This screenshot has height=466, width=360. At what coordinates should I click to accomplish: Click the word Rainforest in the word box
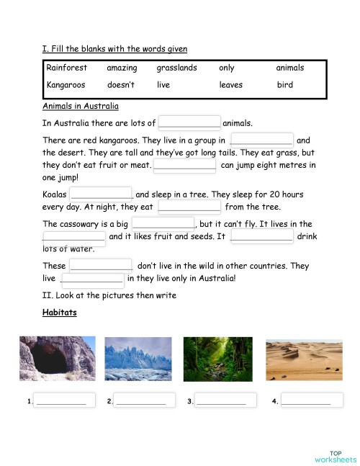tap(66, 68)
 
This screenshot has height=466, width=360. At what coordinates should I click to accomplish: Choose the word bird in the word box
tap(284, 85)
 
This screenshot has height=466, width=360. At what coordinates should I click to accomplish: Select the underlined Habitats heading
tap(60, 313)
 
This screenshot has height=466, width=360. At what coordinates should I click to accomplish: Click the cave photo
tap(56, 359)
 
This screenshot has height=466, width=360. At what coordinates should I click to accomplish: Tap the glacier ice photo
tap(138, 359)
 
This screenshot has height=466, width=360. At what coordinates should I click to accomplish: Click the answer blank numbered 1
tap(60, 400)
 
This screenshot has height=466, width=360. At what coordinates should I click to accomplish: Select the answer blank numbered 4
tap(306, 400)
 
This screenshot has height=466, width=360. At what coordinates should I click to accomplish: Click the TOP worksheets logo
tap(335, 455)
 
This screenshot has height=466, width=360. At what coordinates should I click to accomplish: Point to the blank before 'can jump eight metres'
tap(185, 164)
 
